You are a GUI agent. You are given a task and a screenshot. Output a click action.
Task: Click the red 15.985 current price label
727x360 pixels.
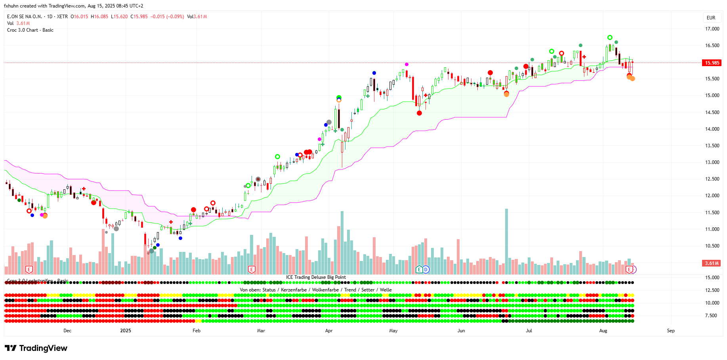click(x=712, y=63)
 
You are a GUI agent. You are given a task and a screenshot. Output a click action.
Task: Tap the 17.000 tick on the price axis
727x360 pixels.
click(x=712, y=29)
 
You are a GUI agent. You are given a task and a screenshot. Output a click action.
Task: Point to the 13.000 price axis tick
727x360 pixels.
click(x=712, y=162)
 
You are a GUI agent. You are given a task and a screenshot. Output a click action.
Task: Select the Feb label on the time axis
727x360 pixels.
click(x=197, y=331)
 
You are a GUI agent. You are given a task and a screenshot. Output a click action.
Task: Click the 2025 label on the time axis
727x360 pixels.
click(x=126, y=331)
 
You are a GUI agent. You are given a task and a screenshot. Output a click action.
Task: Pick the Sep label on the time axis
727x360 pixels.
click(x=671, y=331)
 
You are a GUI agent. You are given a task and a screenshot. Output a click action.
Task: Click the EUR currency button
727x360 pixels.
click(x=711, y=18)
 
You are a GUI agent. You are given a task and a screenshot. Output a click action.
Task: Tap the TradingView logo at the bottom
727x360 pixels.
click(x=36, y=348)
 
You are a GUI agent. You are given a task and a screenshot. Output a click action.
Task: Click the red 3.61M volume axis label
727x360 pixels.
click(x=712, y=263)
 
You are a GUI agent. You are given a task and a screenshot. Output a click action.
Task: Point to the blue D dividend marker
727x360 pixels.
click(x=426, y=270)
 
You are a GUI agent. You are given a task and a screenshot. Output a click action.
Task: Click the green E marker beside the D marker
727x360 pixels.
click(x=419, y=270)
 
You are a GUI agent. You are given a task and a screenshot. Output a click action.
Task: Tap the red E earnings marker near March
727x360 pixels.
click(x=251, y=270)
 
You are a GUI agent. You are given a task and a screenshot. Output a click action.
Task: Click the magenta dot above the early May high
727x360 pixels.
click(x=406, y=64)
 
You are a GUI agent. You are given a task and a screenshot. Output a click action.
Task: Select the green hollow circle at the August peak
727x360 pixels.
click(x=610, y=38)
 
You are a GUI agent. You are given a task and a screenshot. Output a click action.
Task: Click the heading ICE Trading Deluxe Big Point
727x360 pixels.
click(x=316, y=277)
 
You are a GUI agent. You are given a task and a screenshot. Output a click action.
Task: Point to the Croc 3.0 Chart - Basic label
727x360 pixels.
click(x=30, y=30)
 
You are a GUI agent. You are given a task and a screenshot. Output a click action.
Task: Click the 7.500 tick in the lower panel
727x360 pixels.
click(x=711, y=316)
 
